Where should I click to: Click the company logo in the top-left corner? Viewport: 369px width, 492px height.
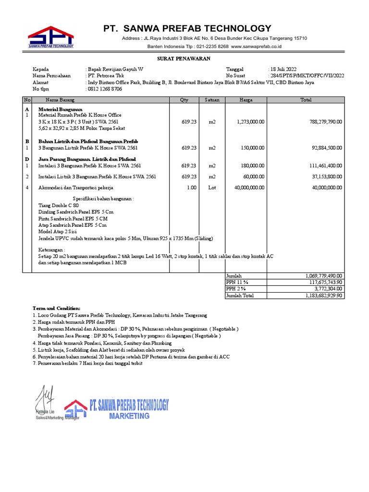50,37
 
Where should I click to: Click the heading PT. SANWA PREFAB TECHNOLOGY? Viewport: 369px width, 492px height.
187,28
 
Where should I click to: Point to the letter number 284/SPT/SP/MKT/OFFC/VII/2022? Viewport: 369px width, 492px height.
307,75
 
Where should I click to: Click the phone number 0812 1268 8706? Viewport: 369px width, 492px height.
104,89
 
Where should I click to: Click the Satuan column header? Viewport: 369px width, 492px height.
212,100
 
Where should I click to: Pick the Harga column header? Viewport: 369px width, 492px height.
246,100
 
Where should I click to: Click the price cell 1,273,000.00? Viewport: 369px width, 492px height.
250,122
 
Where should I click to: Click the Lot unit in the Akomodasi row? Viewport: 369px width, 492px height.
212,187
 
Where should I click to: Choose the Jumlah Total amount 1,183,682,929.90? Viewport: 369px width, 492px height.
323,296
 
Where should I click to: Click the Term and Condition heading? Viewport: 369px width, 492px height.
57,308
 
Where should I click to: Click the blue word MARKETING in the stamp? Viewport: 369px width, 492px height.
129,416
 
